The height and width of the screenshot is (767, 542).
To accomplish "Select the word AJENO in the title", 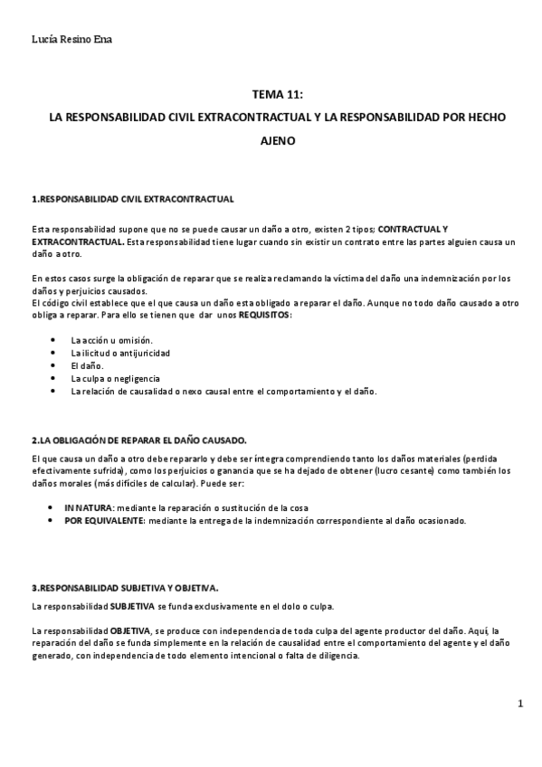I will pyautogui.click(x=278, y=142).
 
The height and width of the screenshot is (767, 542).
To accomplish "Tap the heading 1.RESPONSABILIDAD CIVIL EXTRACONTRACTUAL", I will pyautogui.click(x=133, y=198).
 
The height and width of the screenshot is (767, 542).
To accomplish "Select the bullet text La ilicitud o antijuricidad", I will pyautogui.click(x=120, y=352).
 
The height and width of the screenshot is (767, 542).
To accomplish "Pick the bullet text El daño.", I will pyautogui.click(x=87, y=365).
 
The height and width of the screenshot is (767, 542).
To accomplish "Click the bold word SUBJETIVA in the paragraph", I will pyautogui.click(x=133, y=605).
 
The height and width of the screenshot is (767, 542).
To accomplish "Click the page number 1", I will pyautogui.click(x=520, y=703).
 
